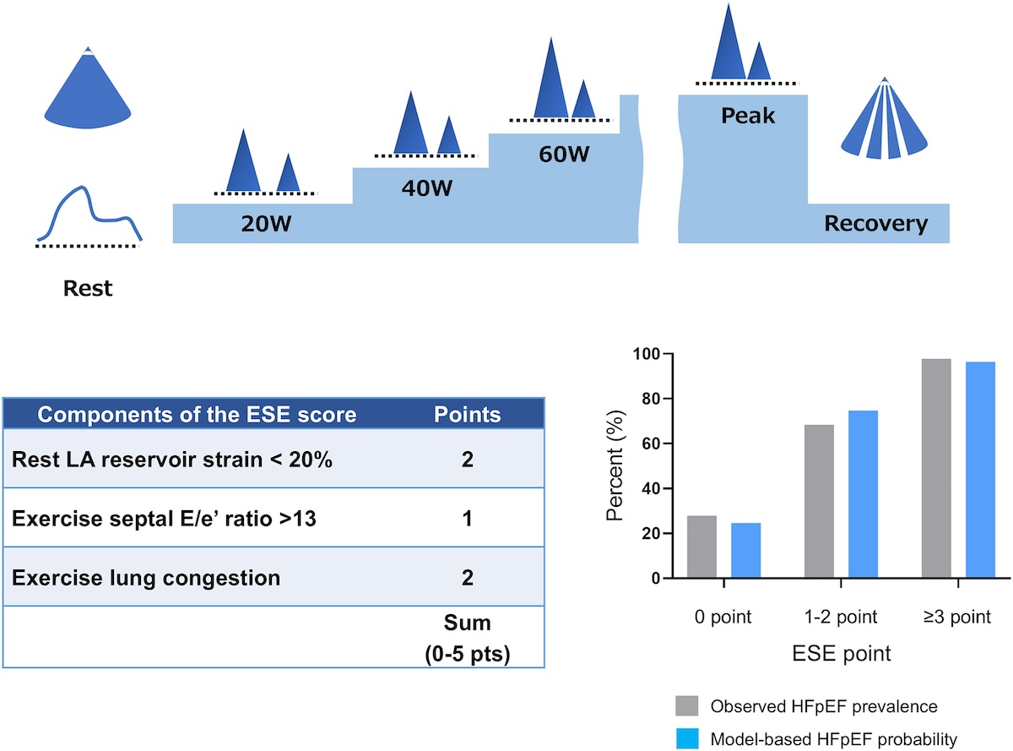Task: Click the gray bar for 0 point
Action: [702, 547]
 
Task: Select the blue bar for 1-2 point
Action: [863, 494]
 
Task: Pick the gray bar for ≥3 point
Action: [936, 469]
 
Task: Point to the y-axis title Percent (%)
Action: [615, 465]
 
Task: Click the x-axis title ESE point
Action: [842, 654]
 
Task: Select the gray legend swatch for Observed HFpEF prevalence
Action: [687, 705]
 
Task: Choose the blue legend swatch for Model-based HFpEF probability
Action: [687, 738]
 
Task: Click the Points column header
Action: [467, 414]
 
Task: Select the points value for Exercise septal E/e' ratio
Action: [467, 519]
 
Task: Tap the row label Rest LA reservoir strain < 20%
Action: [171, 460]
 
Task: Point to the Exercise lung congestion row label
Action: [146, 578]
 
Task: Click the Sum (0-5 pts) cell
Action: [467, 638]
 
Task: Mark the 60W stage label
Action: [564, 155]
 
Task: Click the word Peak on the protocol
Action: [748, 116]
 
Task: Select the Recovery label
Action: [876, 224]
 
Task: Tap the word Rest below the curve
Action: [88, 288]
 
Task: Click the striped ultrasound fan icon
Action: [884, 119]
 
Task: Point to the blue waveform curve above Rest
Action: [89, 213]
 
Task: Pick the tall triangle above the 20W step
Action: [243, 160]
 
